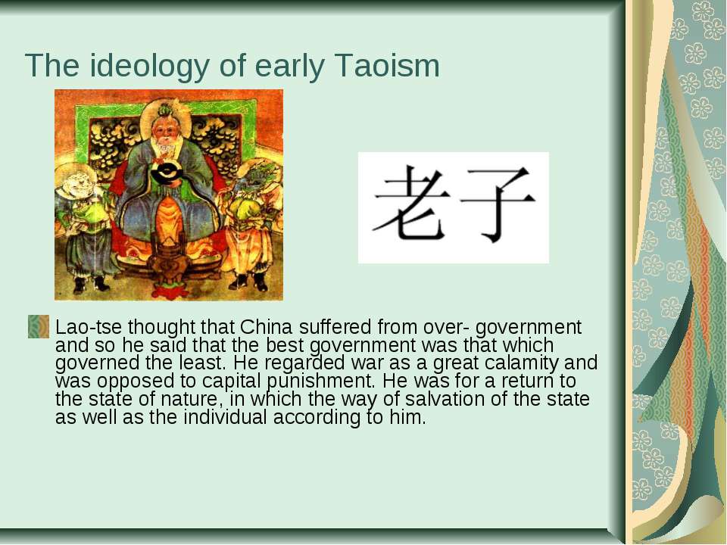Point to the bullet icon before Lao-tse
click(39, 327)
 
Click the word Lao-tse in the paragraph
click(89, 327)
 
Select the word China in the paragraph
click(266, 327)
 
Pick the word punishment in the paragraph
click(320, 381)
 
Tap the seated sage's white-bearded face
click(166, 135)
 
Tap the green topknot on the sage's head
click(164, 111)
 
